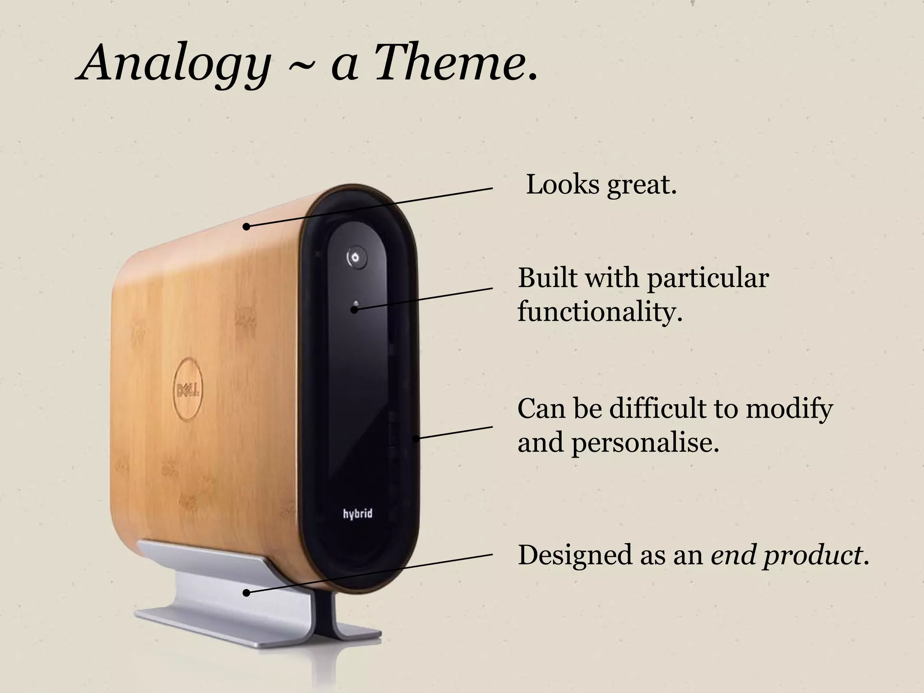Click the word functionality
[x=599, y=311]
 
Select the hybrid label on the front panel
[x=357, y=513]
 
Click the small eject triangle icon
[x=356, y=302]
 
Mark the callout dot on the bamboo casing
[x=246, y=226]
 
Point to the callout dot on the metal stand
[x=246, y=593]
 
